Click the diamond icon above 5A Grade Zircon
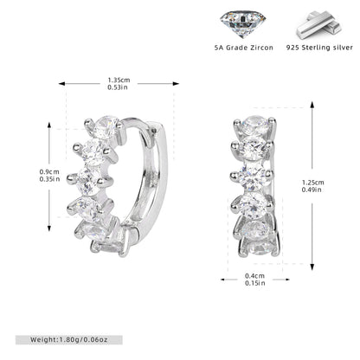click(242, 23)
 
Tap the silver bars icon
click(319, 25)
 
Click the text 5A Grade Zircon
click(244, 48)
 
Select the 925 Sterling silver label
click(319, 48)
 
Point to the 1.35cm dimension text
click(119, 80)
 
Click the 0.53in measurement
click(118, 87)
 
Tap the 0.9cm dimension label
click(49, 172)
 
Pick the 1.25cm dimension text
click(313, 183)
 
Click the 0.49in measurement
click(312, 190)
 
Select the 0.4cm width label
click(254, 276)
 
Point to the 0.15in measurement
click(255, 283)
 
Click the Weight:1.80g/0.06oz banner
click(69, 340)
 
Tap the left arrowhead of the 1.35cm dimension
click(61, 84)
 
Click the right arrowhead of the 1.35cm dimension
click(176, 84)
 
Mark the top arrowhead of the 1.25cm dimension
click(312, 105)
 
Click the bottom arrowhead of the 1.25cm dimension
click(312, 267)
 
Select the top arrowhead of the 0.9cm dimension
click(49, 125)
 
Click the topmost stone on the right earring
click(254, 125)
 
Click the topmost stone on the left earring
click(106, 125)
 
